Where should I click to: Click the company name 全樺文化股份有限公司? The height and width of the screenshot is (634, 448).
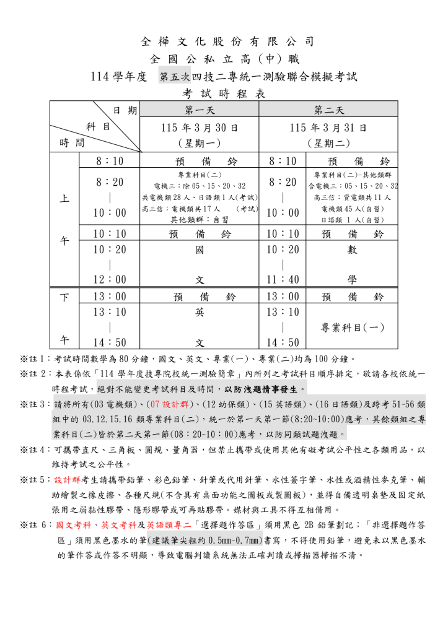(224, 42)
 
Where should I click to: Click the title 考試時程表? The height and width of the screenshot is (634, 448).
(224, 93)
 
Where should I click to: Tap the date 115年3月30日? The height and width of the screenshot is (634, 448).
(200, 128)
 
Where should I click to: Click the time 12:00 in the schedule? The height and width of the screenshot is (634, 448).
(109, 279)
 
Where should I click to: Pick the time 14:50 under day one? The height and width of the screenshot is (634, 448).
(109, 342)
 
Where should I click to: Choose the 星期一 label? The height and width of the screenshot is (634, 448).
(200, 143)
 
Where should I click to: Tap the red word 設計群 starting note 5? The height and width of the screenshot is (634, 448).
(68, 479)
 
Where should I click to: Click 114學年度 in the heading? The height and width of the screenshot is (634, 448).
(118, 77)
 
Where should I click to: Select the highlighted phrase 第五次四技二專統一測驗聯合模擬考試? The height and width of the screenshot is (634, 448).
(258, 77)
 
